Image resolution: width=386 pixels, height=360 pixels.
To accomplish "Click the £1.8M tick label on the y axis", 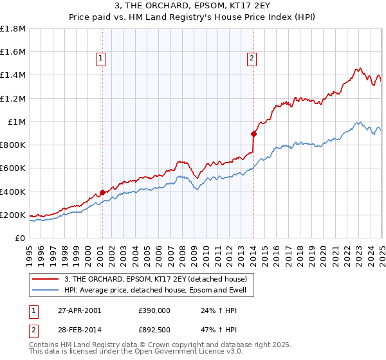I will coord(13,28).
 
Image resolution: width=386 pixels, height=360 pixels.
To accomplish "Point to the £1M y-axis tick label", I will coord(17,122).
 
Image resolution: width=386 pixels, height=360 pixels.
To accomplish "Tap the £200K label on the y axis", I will coord(13,215).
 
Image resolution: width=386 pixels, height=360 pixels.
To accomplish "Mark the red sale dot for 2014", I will coord(253,134).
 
